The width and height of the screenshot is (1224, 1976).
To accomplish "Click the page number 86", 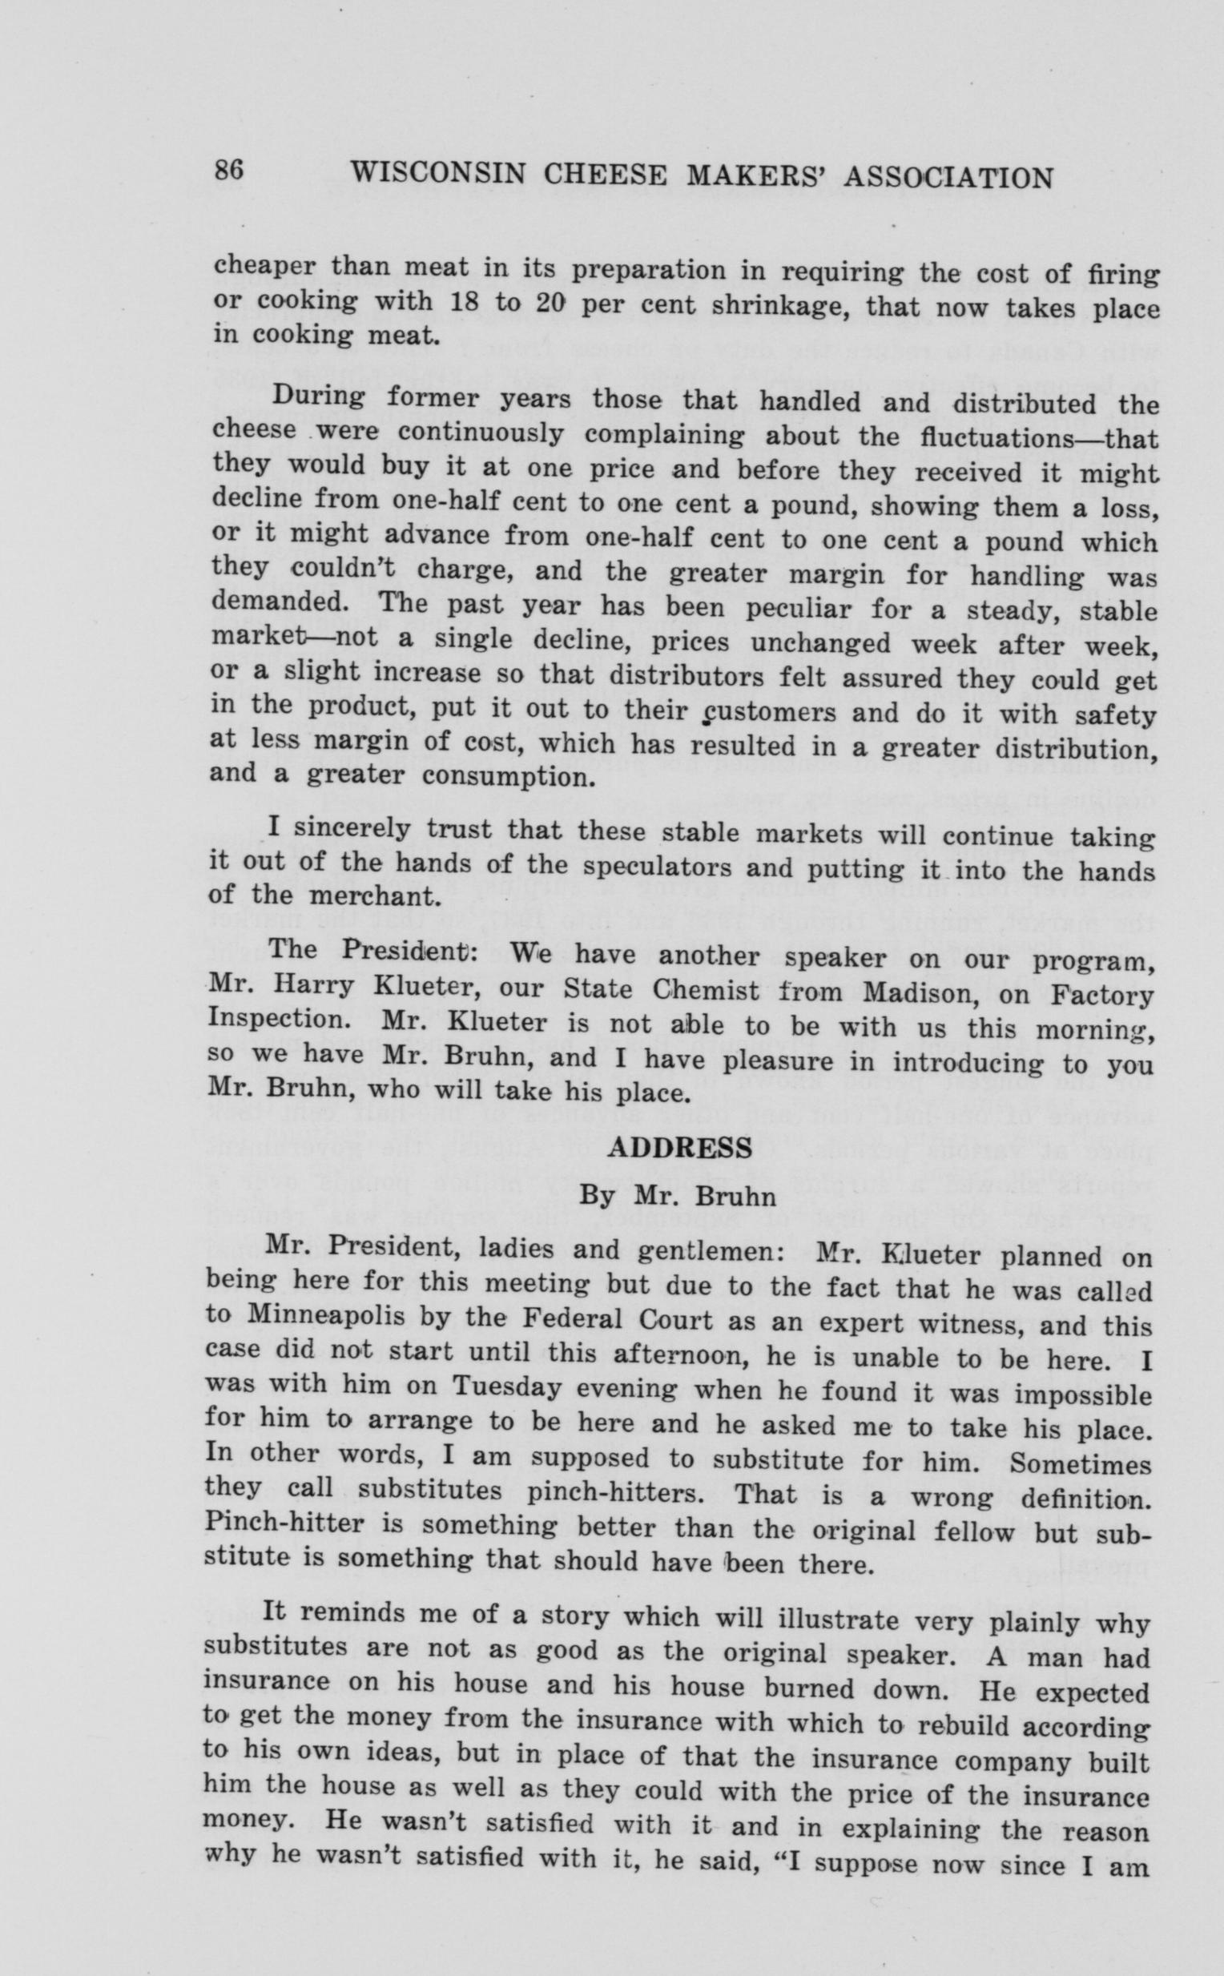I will [229, 171].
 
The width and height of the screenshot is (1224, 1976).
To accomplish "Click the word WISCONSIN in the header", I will [438, 175].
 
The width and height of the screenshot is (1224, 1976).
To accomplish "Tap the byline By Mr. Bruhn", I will [678, 1196].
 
